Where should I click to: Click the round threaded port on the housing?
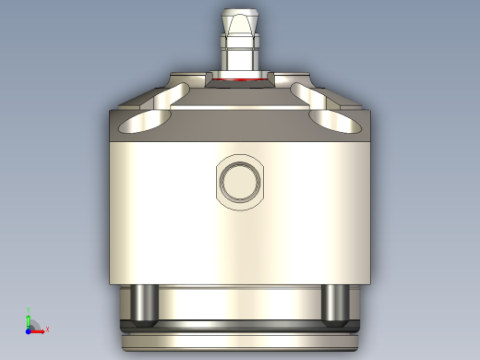pyautogui.click(x=240, y=182)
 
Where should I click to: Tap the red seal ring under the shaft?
pyautogui.click(x=239, y=81)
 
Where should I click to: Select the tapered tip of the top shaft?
pyautogui.click(x=240, y=18)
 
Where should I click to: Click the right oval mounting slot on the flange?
pyautogui.click(x=335, y=120)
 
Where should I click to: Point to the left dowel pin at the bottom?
pyautogui.click(x=143, y=305)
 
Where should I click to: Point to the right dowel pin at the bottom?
pyautogui.click(x=334, y=305)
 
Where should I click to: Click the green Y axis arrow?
pyautogui.click(x=29, y=318)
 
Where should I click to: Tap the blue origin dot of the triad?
pyautogui.click(x=29, y=328)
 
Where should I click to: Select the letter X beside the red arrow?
pyautogui.click(x=46, y=329)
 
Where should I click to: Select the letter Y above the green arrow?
pyautogui.click(x=29, y=309)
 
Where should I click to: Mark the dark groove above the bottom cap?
pyautogui.click(x=239, y=326)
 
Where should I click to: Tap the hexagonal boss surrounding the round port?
pyautogui.click(x=219, y=182)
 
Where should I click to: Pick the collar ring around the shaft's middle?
pyautogui.click(x=239, y=42)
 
